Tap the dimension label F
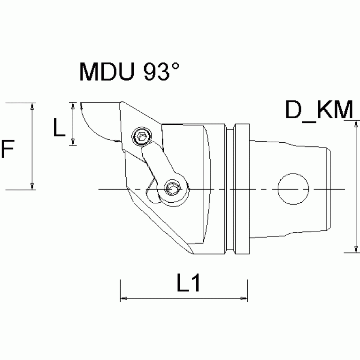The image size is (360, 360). click(x=9, y=150)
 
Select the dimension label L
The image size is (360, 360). click(x=59, y=127)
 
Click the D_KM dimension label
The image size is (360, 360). click(x=319, y=110)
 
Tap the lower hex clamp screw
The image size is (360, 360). click(x=173, y=189)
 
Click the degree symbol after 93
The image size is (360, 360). click(x=175, y=66)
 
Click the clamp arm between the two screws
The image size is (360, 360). click(x=157, y=161)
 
